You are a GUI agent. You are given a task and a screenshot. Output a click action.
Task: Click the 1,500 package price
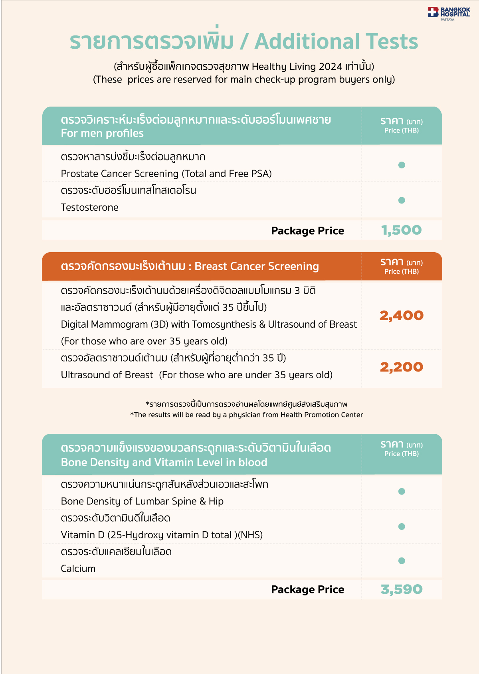(x=402, y=230)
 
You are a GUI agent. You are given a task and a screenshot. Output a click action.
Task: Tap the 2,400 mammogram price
(x=402, y=316)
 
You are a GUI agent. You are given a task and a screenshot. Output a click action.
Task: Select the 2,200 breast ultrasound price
(x=402, y=367)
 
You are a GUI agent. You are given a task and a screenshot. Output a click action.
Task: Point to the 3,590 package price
(x=402, y=589)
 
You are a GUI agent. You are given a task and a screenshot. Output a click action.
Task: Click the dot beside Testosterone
(x=402, y=200)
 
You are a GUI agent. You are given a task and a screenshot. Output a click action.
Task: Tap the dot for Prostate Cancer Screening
(x=402, y=165)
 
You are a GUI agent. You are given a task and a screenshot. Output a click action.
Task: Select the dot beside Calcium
(x=402, y=561)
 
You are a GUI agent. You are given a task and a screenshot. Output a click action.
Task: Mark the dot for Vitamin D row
(x=402, y=527)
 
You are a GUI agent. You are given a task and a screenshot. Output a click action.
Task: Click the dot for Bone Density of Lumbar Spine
(x=402, y=492)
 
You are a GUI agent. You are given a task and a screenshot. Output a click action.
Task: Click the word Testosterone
(x=89, y=208)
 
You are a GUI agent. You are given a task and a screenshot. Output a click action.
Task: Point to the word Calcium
(x=78, y=569)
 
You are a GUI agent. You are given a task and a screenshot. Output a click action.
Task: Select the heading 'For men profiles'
(x=102, y=133)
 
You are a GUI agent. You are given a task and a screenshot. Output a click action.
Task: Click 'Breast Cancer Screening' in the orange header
(x=257, y=266)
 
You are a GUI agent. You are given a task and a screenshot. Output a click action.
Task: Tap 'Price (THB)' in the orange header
(x=402, y=272)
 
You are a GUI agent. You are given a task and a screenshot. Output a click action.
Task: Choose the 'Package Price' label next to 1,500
(x=307, y=231)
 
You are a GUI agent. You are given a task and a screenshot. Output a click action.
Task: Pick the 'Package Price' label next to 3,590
(x=307, y=589)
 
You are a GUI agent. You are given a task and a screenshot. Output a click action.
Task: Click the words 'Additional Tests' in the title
(x=336, y=42)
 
